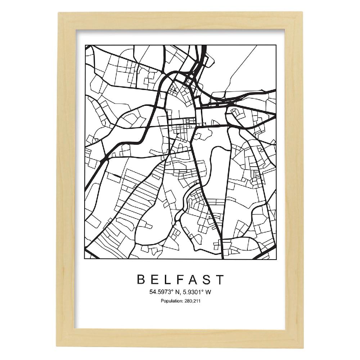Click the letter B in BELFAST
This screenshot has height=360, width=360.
tap(141, 280)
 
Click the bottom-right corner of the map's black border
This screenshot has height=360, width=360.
tap(276, 258)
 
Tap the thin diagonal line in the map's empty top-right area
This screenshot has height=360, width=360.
tap(241, 68)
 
